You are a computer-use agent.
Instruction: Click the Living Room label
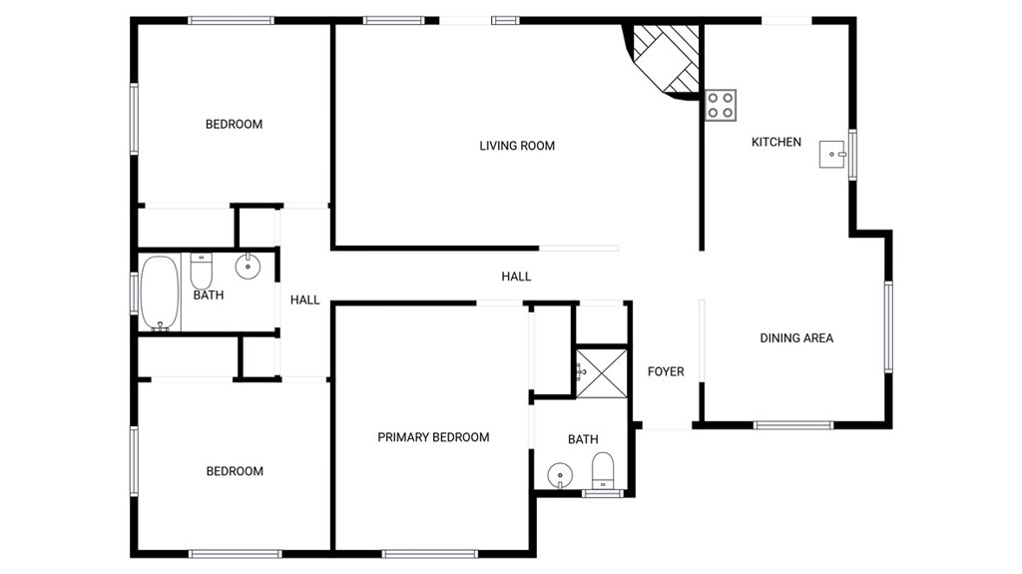[x=517, y=146]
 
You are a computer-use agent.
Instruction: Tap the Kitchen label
[x=776, y=142]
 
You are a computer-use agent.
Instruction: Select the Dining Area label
[x=796, y=338]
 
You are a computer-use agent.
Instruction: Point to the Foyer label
[x=666, y=371]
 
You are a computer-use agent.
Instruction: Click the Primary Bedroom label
[x=433, y=437]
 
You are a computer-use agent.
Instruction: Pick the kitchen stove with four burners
[x=722, y=105]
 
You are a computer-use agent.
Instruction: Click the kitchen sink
[x=832, y=155]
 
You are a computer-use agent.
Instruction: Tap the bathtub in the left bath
[x=160, y=293]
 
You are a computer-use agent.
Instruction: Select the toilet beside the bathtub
[x=202, y=270]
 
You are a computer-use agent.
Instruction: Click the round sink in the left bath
[x=248, y=267]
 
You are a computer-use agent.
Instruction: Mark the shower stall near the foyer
[x=602, y=372]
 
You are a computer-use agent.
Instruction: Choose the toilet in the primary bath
[x=603, y=470]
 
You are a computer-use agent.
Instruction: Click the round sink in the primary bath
[x=561, y=474]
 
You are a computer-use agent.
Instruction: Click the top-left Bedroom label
[x=234, y=125]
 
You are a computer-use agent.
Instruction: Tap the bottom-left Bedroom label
[x=235, y=471]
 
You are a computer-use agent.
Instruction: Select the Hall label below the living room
[x=516, y=277]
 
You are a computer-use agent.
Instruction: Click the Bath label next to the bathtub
[x=209, y=295]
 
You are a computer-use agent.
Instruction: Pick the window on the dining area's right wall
[x=887, y=326]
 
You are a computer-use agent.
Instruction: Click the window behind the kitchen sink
[x=852, y=155]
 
